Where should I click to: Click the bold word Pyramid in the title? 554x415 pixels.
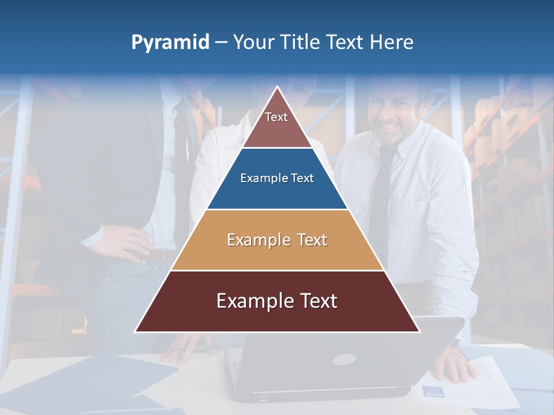click(x=170, y=42)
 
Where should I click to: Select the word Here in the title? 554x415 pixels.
click(x=391, y=42)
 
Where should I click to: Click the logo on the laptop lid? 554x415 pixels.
click(x=344, y=360)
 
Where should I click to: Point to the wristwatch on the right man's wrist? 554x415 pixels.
click(x=455, y=344)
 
